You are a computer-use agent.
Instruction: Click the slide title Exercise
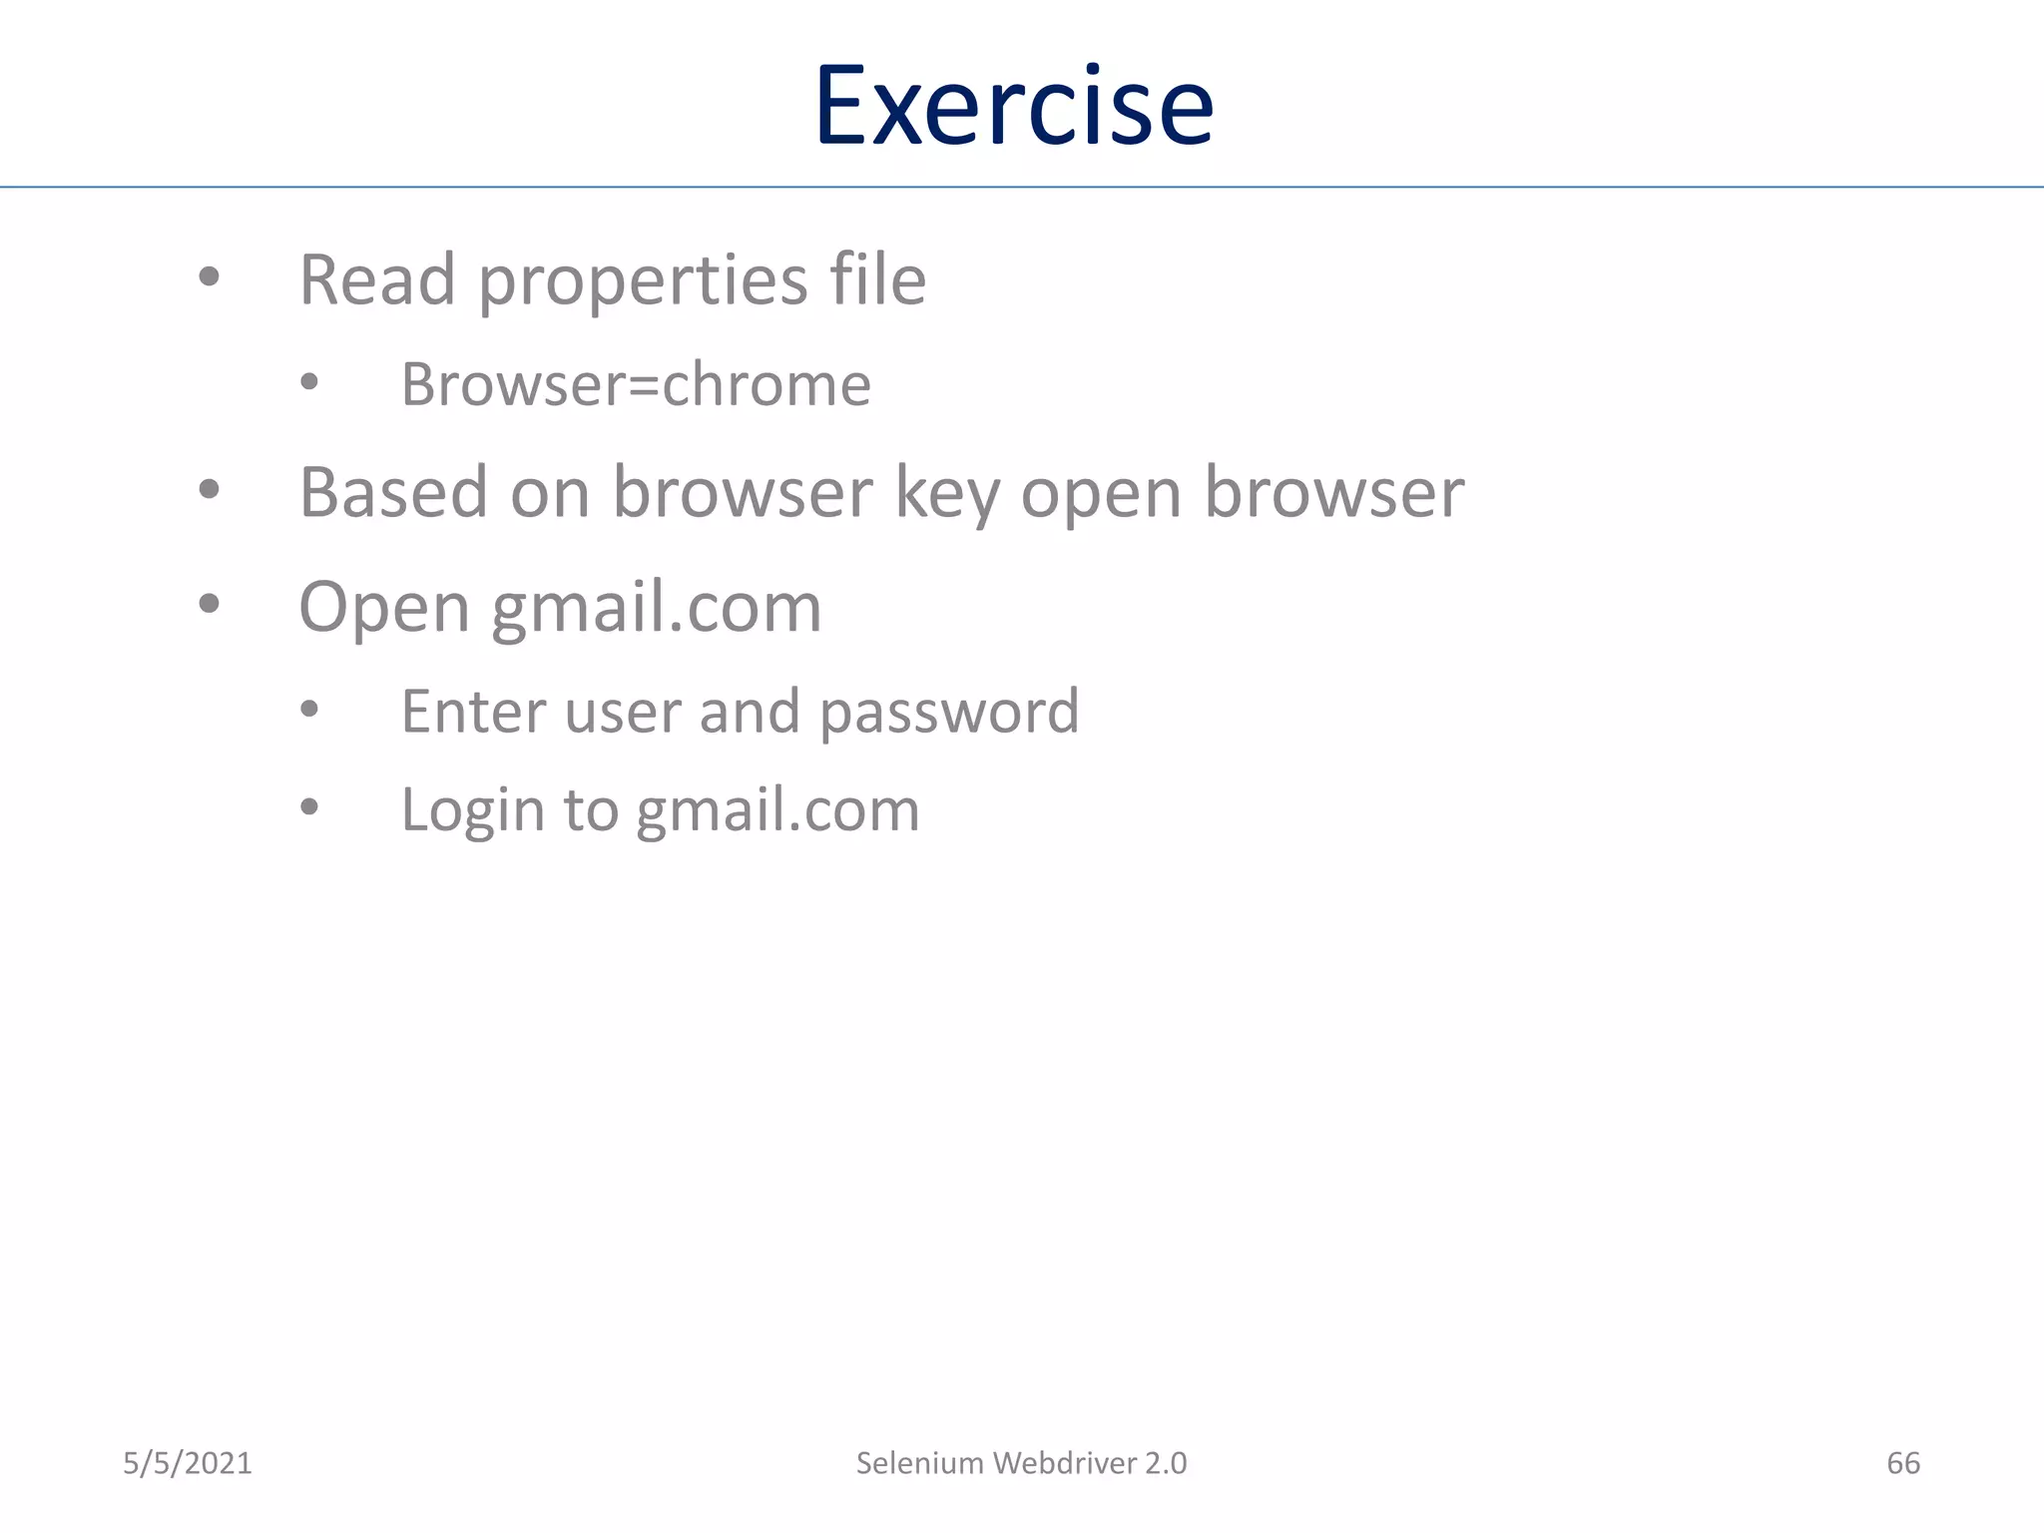[1014, 106]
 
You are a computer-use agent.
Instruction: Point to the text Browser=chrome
[636, 384]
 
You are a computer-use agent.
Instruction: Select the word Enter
[471, 712]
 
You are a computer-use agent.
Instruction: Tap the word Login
[472, 810]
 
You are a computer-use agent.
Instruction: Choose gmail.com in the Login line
[777, 810]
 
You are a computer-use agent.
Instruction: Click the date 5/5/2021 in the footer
[188, 1463]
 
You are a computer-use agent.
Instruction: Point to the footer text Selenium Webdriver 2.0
[1021, 1463]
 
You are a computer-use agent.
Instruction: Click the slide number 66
[1902, 1463]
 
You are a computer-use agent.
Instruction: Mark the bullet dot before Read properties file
[209, 276]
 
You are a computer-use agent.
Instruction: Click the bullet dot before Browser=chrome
[309, 381]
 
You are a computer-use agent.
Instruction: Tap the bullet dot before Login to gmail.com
[309, 806]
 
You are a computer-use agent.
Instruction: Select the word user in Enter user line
[623, 712]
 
